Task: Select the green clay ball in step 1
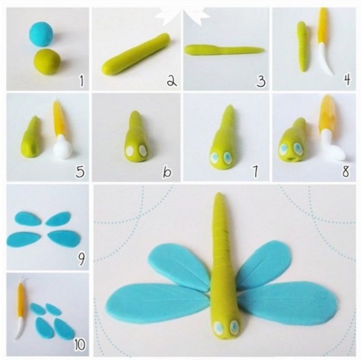(47, 61)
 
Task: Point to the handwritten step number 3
(261, 81)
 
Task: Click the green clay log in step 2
(137, 53)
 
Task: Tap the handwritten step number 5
(80, 172)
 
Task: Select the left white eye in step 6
(130, 150)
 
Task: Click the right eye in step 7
(228, 157)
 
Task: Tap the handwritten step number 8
(346, 172)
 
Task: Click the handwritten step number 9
(81, 259)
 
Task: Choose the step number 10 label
(80, 345)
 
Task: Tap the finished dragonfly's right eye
(235, 326)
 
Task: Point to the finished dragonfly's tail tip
(218, 194)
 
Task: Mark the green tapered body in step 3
(224, 50)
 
